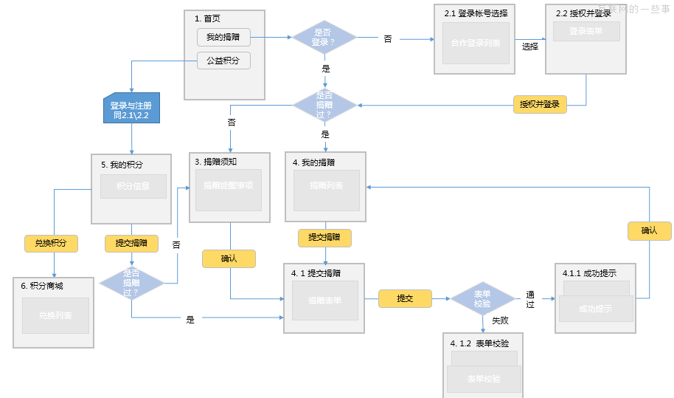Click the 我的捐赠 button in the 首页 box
pyautogui.click(x=223, y=37)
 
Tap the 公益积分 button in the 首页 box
pyautogui.click(x=223, y=61)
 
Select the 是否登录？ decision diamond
pyautogui.click(x=324, y=37)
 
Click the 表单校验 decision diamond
pyautogui.click(x=482, y=299)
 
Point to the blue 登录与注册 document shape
pyautogui.click(x=131, y=110)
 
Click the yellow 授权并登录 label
pyautogui.click(x=539, y=104)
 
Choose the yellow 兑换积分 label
pyautogui.click(x=51, y=243)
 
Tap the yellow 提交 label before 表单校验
pyautogui.click(x=405, y=298)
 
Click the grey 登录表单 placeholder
pyautogui.click(x=586, y=31)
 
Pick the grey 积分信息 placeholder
pyautogui.click(x=133, y=186)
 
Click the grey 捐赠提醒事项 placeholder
pyautogui.click(x=229, y=186)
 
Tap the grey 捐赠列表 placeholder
pyautogui.click(x=326, y=186)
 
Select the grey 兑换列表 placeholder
pyautogui.click(x=55, y=315)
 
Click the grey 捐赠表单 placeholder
pyautogui.click(x=325, y=300)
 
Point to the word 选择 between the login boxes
pyautogui.click(x=529, y=47)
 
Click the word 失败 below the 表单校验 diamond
pyautogui.click(x=500, y=320)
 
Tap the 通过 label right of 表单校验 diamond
pyautogui.click(x=530, y=299)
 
